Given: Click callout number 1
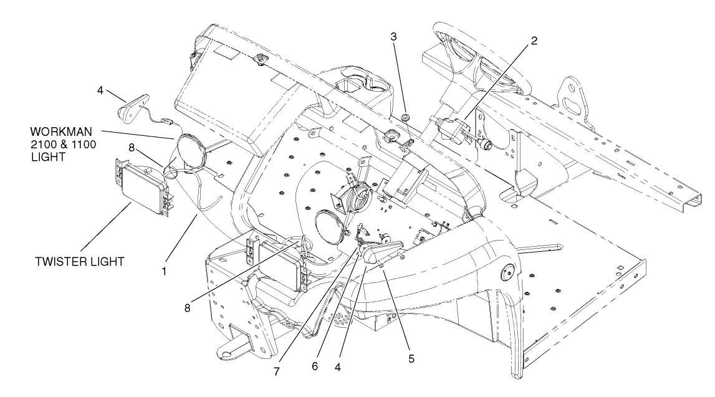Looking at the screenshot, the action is coord(164,271).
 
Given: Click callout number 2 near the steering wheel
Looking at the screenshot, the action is coord(534,41).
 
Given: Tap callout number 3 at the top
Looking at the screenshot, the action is coord(393,37).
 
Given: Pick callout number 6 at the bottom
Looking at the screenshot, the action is coord(315,366).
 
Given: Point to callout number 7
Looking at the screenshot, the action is coord(277,371).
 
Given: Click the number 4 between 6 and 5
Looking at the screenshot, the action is coord(337,367).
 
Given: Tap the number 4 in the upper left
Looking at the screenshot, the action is coord(100,90).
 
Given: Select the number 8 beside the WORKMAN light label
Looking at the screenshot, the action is coord(132,147).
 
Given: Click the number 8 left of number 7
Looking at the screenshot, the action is coord(188,308).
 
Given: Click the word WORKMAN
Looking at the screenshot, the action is coord(61,132).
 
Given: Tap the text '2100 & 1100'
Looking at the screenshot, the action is coord(64,145).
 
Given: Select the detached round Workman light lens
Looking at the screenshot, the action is coord(191,149).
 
